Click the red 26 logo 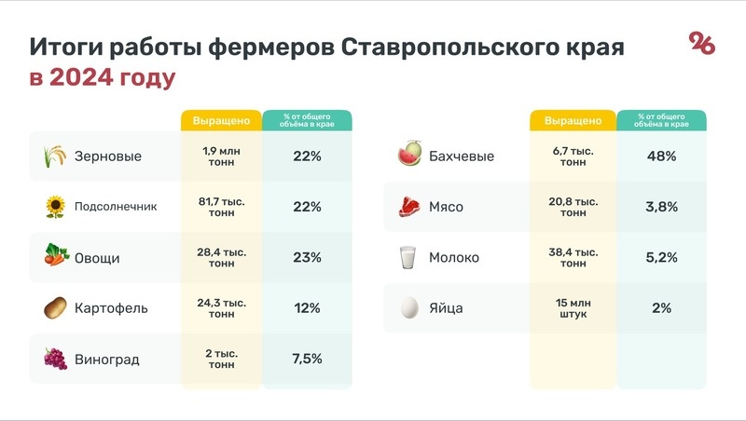[x=701, y=43]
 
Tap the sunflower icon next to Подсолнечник [x=56, y=207]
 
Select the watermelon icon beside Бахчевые [x=408, y=156]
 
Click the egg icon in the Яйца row [x=408, y=307]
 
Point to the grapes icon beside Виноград [x=56, y=359]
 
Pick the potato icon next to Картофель [x=56, y=307]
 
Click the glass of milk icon [x=408, y=258]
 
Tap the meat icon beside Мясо [x=408, y=207]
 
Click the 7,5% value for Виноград [x=307, y=359]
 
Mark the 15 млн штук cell [x=573, y=307]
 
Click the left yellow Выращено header [x=221, y=121]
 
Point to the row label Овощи [x=97, y=258]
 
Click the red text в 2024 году [x=103, y=78]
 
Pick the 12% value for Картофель [x=307, y=307]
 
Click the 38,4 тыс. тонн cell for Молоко [x=573, y=258]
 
